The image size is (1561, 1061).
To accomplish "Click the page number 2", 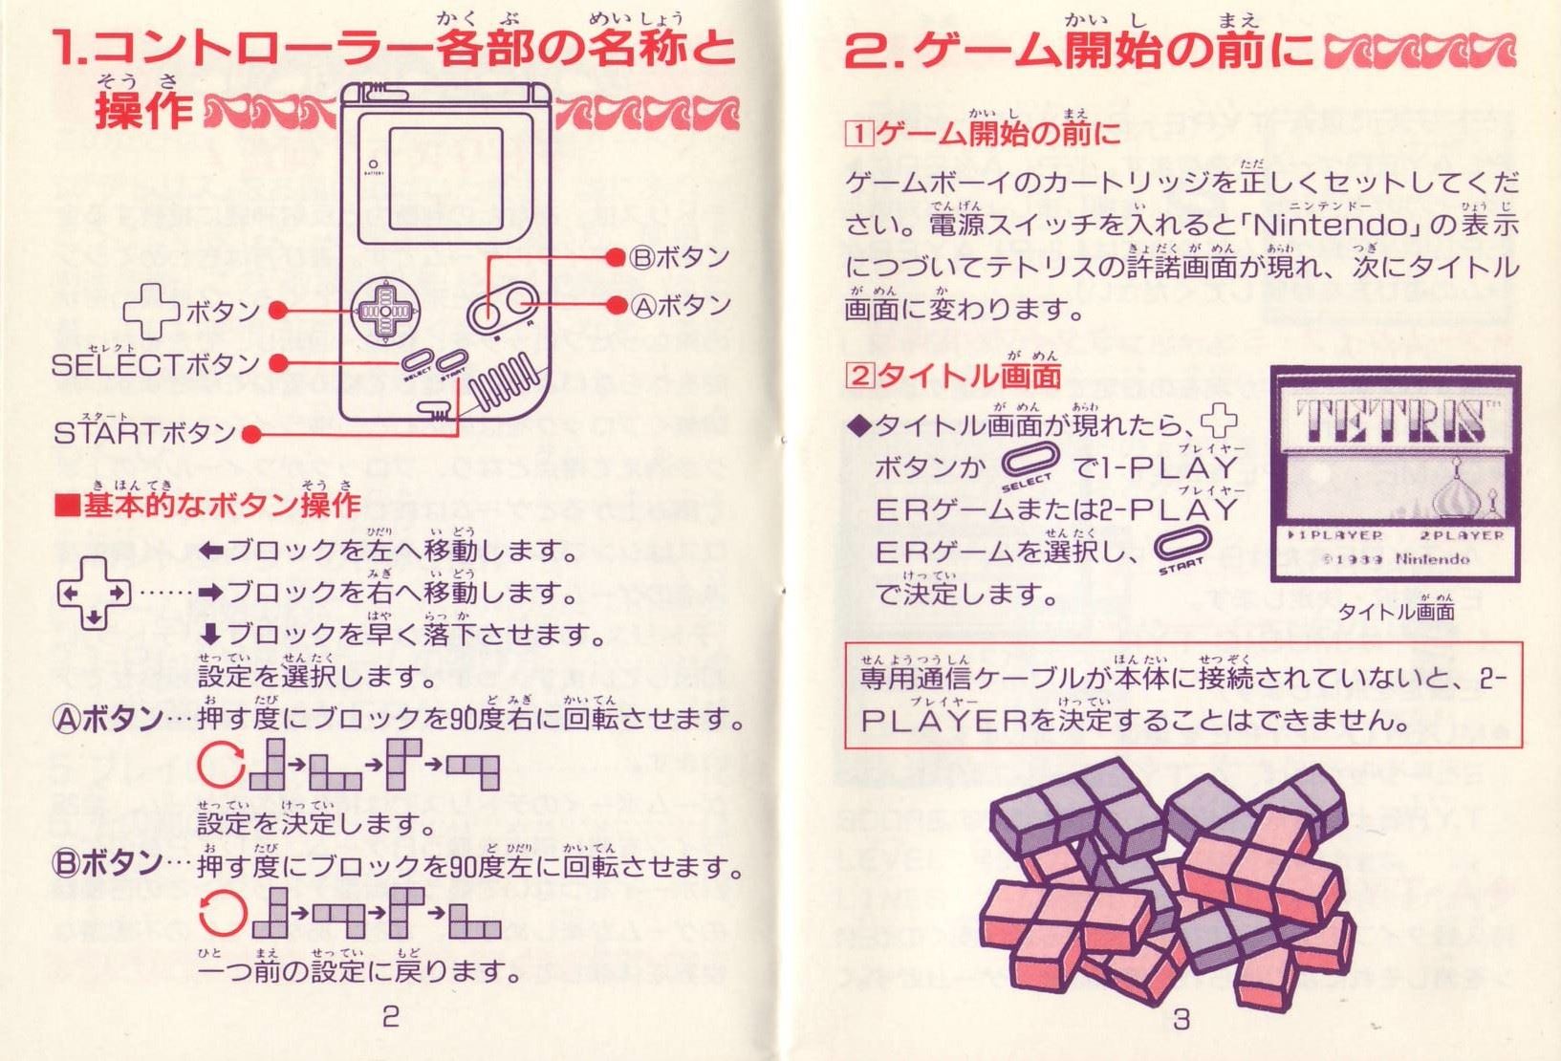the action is click(x=390, y=1018).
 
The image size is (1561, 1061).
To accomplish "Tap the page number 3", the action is click(x=1182, y=1019).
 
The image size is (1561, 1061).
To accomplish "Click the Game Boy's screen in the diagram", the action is click(x=446, y=179).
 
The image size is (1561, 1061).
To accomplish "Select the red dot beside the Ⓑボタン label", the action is click(x=615, y=258).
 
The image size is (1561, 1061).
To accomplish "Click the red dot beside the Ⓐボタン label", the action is click(x=616, y=305).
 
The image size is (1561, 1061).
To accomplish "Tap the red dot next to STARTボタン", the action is click(x=250, y=436).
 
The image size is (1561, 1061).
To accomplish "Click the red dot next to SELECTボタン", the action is click(x=279, y=363).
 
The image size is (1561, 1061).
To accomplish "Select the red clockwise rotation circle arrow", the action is click(x=221, y=766).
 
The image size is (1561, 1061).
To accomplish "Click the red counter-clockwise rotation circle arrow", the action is click(x=223, y=913).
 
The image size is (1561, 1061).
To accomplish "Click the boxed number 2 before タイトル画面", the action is click(x=859, y=377).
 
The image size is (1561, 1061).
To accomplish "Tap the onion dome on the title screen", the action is click(x=1455, y=491).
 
